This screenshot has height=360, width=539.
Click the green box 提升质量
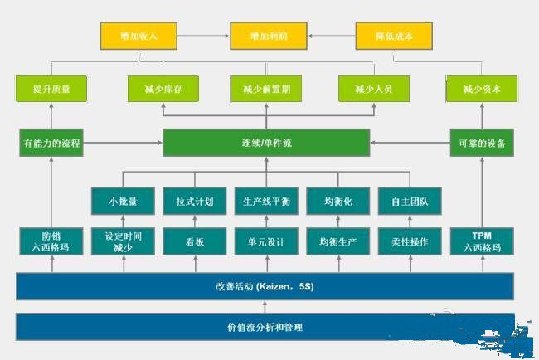[x=51, y=89]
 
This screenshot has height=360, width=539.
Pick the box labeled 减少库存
[x=161, y=89]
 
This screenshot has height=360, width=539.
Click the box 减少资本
[x=482, y=89]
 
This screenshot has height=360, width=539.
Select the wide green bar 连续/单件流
[x=265, y=143]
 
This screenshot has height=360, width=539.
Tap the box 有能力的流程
[x=51, y=143]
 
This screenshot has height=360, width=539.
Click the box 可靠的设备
[x=482, y=143]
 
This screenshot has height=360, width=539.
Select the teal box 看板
[x=195, y=242]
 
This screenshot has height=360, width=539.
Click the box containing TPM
[x=482, y=242]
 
